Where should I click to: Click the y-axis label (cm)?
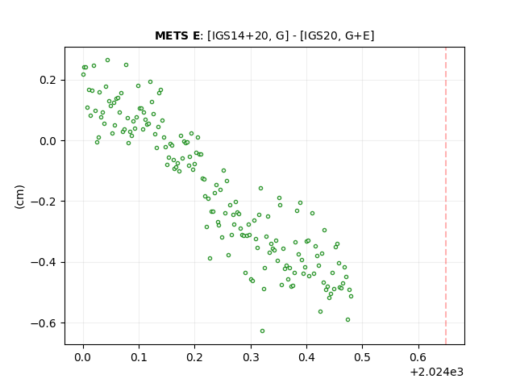[x=19, y=196]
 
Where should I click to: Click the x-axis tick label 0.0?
[x=83, y=357]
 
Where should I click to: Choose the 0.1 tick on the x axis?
[x=139, y=357]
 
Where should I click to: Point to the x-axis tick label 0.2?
[x=195, y=357]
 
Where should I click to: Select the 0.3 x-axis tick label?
[x=251, y=357]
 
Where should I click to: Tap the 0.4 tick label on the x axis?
[x=306, y=357]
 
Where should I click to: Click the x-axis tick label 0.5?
[x=362, y=357]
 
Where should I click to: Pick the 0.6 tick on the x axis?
[x=418, y=357]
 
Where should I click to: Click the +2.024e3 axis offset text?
[x=437, y=372]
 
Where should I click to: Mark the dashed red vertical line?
[x=446, y=196]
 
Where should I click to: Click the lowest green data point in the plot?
[x=262, y=331]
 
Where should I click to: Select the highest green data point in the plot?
[x=107, y=60]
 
